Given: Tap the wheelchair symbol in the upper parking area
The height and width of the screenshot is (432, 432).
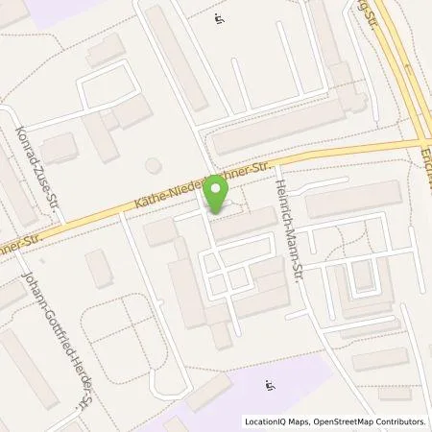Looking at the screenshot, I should pyautogui.click(x=219, y=16).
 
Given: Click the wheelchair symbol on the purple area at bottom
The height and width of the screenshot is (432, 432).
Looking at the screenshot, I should pyautogui.click(x=271, y=386).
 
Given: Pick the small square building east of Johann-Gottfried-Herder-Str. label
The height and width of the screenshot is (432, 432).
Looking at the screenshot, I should pyautogui.click(x=99, y=268).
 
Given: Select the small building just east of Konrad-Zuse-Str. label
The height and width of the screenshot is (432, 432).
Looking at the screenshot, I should pyautogui.click(x=60, y=147).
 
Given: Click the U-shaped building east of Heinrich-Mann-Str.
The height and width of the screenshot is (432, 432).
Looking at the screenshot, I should pyautogui.click(x=360, y=278).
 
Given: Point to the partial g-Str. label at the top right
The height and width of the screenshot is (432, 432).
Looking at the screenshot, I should pyautogui.click(x=363, y=14).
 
